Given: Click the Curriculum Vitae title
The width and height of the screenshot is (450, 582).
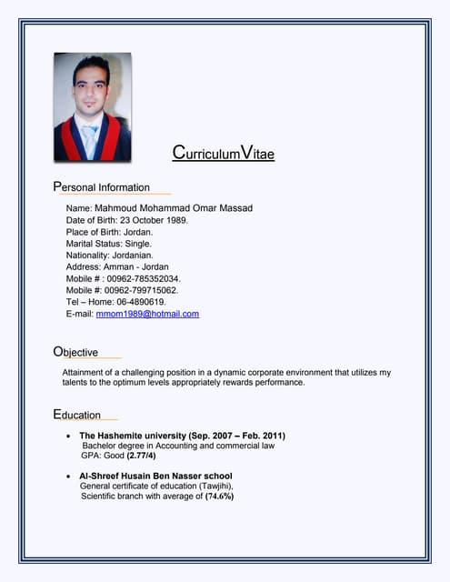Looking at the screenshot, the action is click(x=223, y=154).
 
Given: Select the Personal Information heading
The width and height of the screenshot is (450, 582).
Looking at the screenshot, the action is click(x=101, y=187).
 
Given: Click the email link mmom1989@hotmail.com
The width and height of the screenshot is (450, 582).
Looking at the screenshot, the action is click(x=147, y=314).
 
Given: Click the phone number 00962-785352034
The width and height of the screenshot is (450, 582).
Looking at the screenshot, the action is click(x=143, y=278).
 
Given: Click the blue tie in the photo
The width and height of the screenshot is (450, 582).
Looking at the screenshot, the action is click(x=89, y=138).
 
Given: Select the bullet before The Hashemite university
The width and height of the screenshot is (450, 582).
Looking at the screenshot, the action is click(x=70, y=436).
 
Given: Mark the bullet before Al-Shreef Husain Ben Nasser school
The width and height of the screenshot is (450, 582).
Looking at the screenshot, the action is click(x=70, y=477).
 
